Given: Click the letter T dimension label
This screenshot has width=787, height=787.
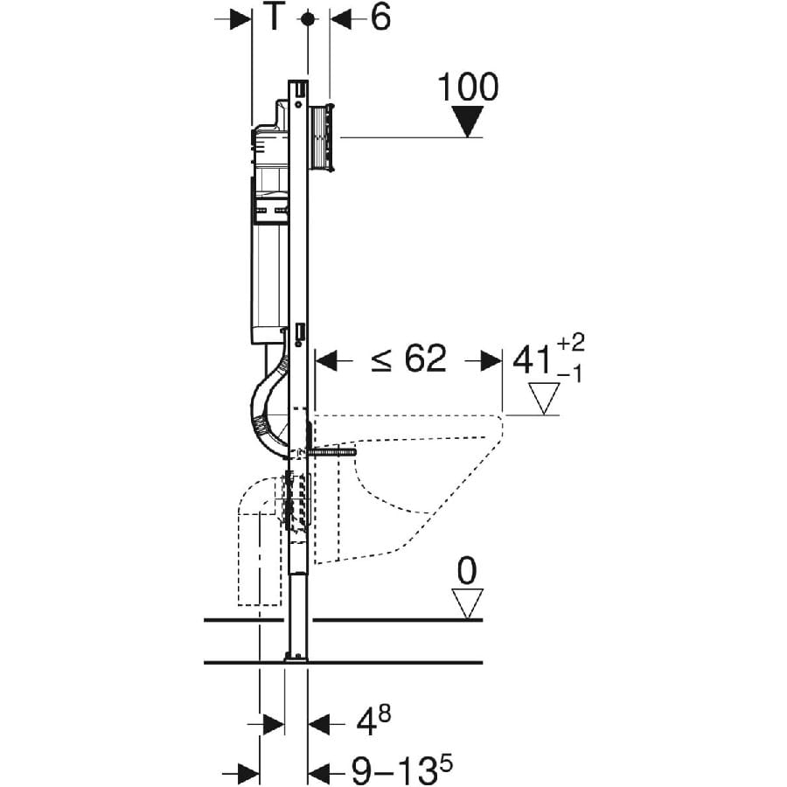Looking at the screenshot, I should point(275,18).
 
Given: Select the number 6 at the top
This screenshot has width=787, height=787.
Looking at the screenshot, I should point(380,18).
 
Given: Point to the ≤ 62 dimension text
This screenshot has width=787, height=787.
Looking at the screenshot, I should point(407,359).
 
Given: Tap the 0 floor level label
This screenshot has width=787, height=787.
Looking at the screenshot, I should point(468,571).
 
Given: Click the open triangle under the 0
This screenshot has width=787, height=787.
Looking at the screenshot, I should point(469,602).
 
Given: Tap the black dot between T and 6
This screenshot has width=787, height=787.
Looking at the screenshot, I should point(307,18).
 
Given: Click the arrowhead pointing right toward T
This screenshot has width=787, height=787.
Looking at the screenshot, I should point(240,18).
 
